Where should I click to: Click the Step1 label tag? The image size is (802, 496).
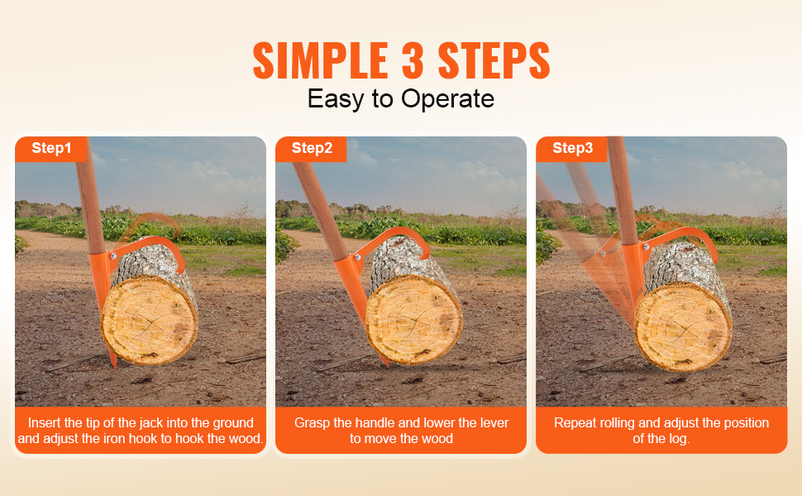pyautogui.click(x=51, y=149)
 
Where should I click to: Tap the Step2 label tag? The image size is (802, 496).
pyautogui.click(x=311, y=149)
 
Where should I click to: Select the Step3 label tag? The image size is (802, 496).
pyautogui.click(x=572, y=149)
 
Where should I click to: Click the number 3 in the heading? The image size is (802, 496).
pyautogui.click(x=413, y=60)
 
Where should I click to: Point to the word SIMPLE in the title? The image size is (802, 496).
pyautogui.click(x=320, y=60)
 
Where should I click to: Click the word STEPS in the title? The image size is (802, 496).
pyautogui.click(x=494, y=60)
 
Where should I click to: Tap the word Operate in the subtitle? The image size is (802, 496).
pyautogui.click(x=447, y=98)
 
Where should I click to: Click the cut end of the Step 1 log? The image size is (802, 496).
pyautogui.click(x=150, y=320)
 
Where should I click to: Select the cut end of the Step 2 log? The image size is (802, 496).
pyautogui.click(x=413, y=321)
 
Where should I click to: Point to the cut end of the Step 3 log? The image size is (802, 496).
pyautogui.click(x=683, y=327)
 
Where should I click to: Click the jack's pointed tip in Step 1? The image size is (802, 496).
pyautogui.click(x=114, y=363)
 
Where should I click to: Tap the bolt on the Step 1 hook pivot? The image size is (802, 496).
pyautogui.click(x=113, y=256)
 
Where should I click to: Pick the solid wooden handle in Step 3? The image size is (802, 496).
pyautogui.click(x=623, y=190)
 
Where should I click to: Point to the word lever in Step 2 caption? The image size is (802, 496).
pyautogui.click(x=494, y=423)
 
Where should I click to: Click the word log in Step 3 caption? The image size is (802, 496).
pyautogui.click(x=680, y=439)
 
